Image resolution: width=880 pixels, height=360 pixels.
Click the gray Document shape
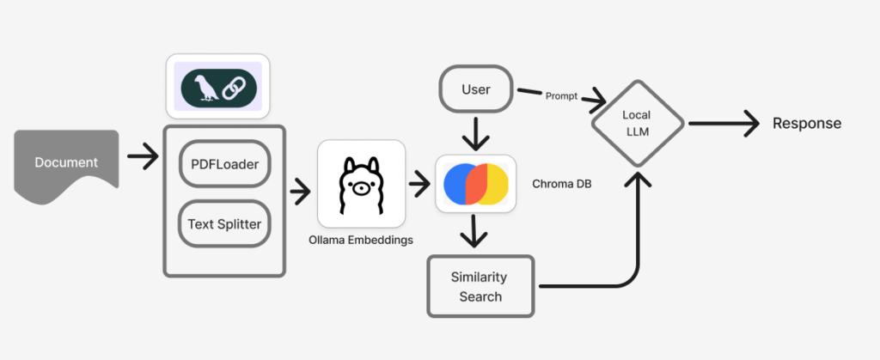pyautogui.click(x=66, y=163)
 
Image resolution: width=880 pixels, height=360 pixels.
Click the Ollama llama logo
pyautogui.click(x=361, y=184)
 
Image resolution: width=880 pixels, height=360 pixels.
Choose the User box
pyautogui.click(x=476, y=88)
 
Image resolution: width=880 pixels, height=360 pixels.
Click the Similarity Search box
pyautogui.click(x=480, y=286)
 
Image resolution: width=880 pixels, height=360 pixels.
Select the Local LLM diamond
pyautogui.click(x=637, y=124)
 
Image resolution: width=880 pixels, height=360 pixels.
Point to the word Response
pyautogui.click(x=806, y=124)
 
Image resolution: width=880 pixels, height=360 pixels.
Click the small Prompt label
pyautogui.click(x=562, y=95)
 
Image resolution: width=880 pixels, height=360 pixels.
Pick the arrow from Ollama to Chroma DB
pyautogui.click(x=420, y=183)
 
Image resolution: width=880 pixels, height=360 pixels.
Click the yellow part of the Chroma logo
pyautogui.click(x=497, y=184)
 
